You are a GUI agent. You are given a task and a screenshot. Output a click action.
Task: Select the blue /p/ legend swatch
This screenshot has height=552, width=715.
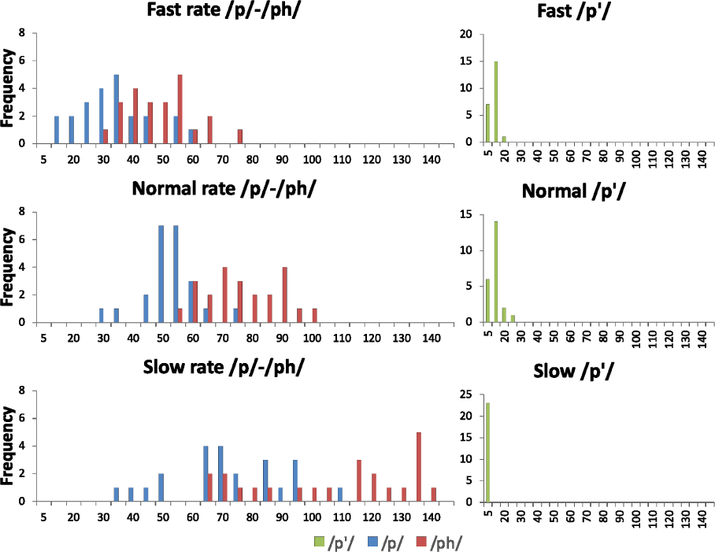pyautogui.click(x=369, y=542)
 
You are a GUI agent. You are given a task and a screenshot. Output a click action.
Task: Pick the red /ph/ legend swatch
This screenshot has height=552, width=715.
pyautogui.click(x=420, y=542)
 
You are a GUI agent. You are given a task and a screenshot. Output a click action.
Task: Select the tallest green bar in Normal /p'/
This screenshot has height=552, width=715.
pyautogui.click(x=496, y=272)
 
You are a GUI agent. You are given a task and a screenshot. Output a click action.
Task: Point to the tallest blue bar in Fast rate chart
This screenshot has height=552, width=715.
pyautogui.click(x=117, y=109)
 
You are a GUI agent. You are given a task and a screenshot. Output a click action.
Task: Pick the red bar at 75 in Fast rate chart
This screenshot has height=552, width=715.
pyautogui.click(x=239, y=136)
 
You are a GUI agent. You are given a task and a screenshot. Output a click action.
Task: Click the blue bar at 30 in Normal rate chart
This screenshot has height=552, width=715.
pyautogui.click(x=102, y=315)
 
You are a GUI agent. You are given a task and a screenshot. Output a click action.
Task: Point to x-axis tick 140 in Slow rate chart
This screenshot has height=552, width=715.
pyautogui.click(x=431, y=517)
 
